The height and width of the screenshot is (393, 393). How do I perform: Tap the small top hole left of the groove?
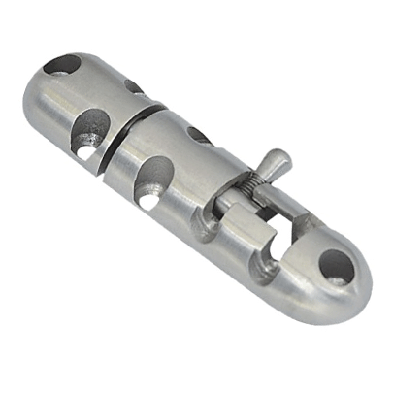133,86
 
